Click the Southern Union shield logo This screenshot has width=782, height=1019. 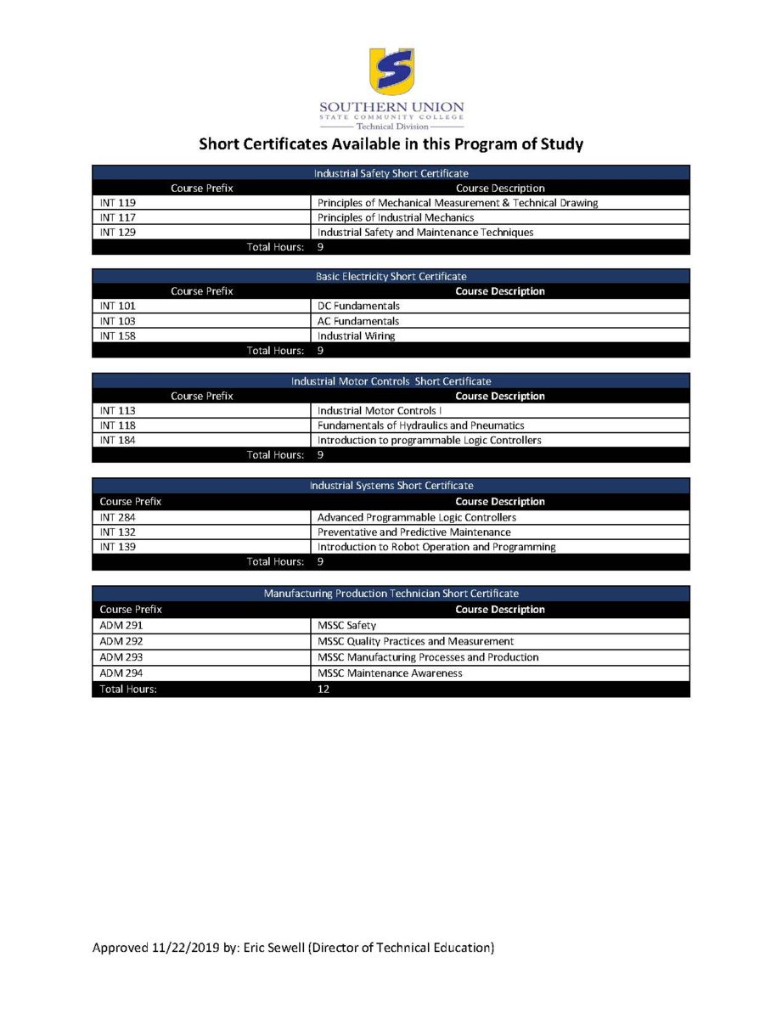tap(391, 71)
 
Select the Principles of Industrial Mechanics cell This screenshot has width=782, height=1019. tap(395, 217)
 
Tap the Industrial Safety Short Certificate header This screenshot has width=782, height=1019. tap(391, 173)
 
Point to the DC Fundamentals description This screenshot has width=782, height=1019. tap(358, 306)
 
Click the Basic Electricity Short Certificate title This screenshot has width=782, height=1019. tap(391, 277)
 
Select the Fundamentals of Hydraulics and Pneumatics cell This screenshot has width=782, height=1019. tap(420, 425)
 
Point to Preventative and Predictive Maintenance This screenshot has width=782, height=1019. tap(414, 532)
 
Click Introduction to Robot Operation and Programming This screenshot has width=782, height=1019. tap(436, 547)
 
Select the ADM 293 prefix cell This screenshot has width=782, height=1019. tap(121, 657)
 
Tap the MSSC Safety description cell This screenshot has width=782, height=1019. tap(346, 626)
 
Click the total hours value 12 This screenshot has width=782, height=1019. tap(323, 690)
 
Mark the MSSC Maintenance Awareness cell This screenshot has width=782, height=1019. tap(390, 673)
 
